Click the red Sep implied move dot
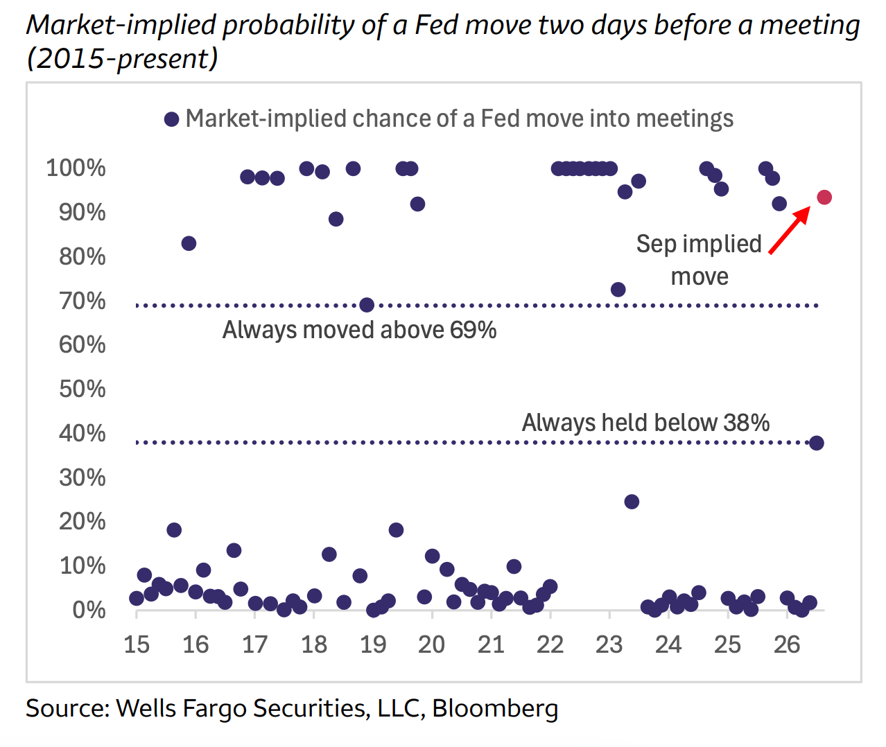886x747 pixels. (824, 197)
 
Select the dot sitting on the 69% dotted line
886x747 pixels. (367, 305)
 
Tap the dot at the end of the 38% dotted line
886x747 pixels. (817, 443)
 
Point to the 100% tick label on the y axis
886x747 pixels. (76, 168)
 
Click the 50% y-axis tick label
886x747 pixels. (82, 389)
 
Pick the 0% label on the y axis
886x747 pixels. (89, 610)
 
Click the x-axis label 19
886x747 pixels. (373, 644)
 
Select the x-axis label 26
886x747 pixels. (787, 644)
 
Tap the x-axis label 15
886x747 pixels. (136, 644)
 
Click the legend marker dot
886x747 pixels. (171, 119)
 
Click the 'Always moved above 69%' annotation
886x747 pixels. (359, 330)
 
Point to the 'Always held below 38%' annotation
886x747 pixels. (645, 423)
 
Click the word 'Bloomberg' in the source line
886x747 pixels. (495, 708)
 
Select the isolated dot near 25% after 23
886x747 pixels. (632, 502)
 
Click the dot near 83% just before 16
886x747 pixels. (189, 243)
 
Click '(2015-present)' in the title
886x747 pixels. (122, 58)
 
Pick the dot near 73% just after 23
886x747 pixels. (618, 290)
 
